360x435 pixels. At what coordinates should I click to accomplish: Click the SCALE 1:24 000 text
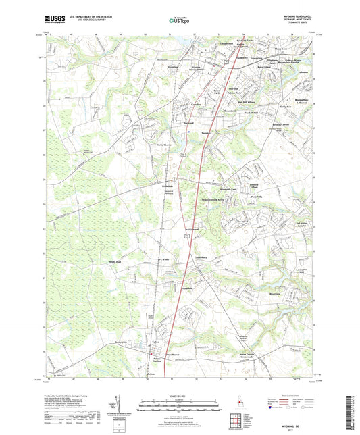click(179, 396)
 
